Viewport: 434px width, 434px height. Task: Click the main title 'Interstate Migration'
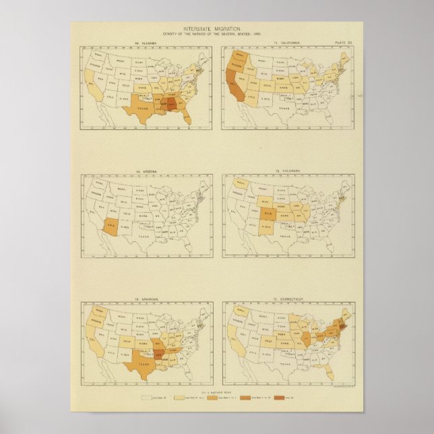pos(217,28)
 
